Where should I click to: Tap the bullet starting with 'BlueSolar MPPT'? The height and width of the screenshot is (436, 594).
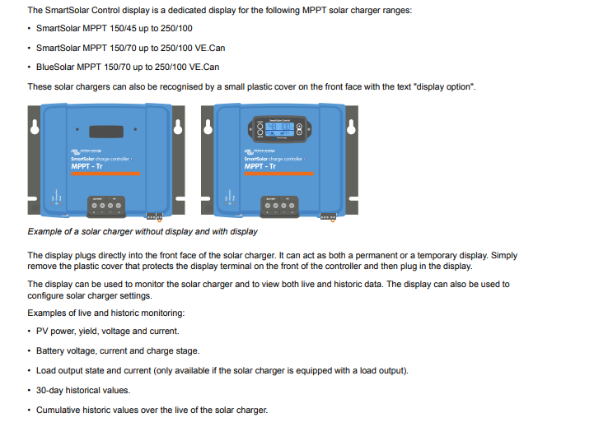click(128, 67)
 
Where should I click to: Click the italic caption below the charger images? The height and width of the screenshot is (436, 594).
click(143, 232)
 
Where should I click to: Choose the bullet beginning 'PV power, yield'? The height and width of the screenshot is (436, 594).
click(108, 331)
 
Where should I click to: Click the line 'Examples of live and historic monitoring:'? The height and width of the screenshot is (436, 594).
click(106, 313)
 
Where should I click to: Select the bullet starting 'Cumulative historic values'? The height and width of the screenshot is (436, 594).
click(152, 410)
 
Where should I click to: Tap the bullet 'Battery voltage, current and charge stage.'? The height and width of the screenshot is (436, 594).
click(118, 350)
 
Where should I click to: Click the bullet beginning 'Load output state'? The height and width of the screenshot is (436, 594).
click(222, 370)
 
